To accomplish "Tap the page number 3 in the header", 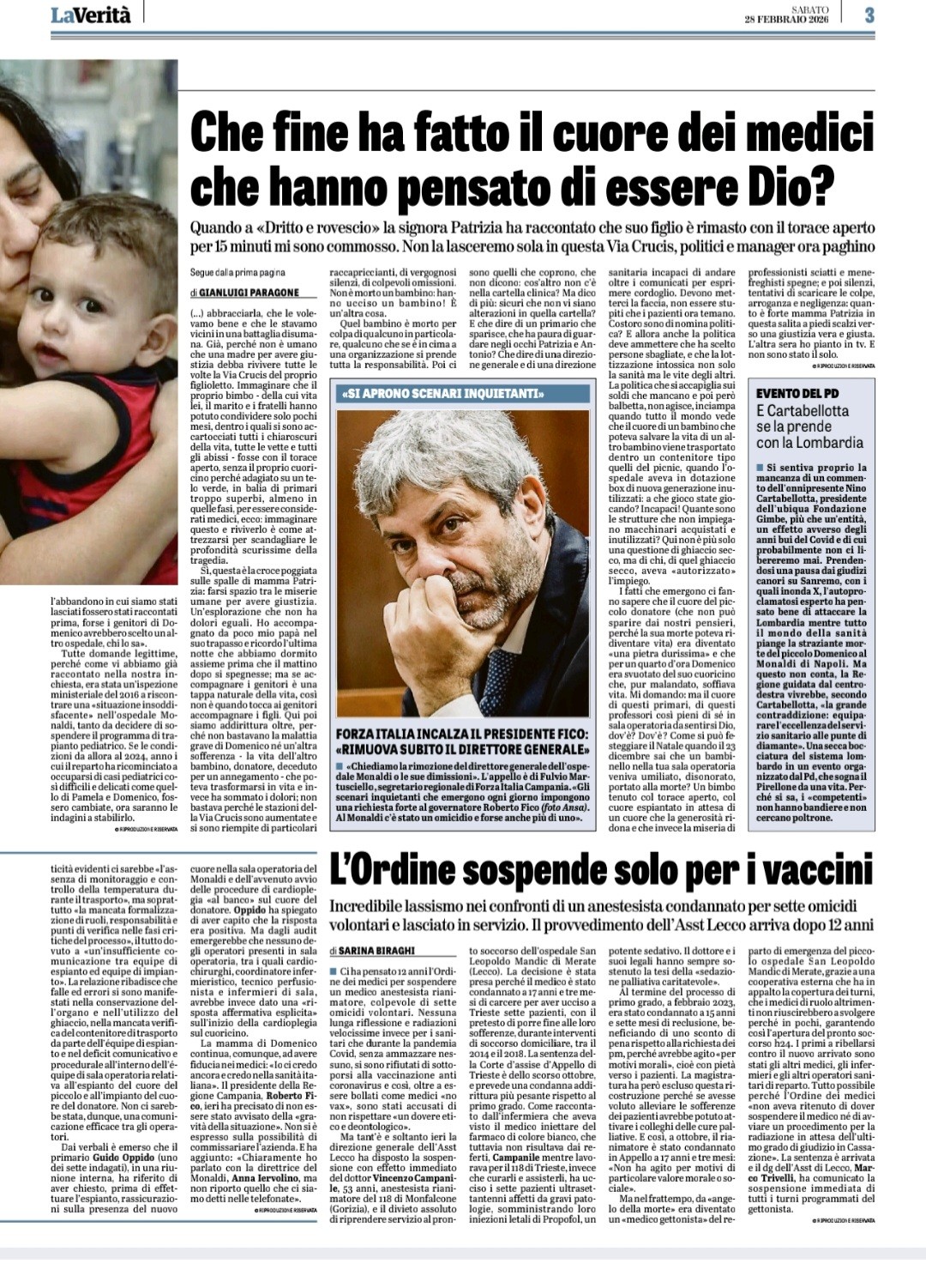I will point(869,15).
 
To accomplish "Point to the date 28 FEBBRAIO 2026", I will point(780,19).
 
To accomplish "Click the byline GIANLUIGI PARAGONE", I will point(249,292).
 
